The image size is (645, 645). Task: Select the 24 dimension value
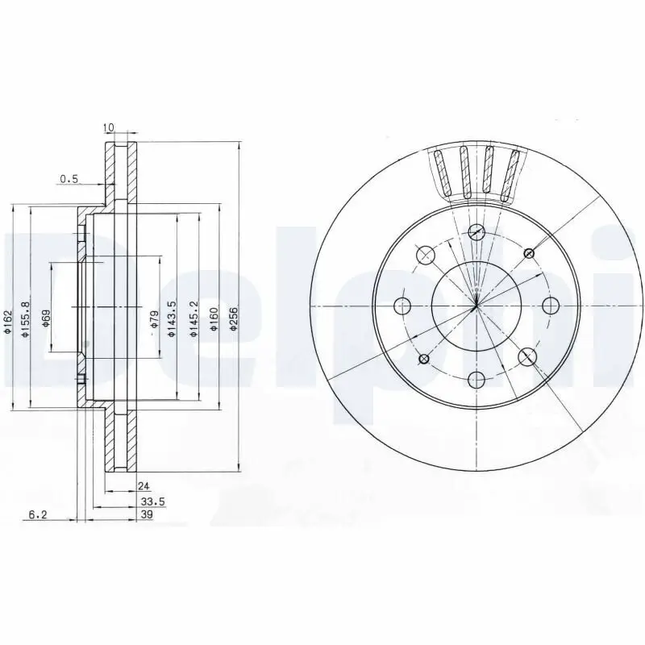tap(144, 486)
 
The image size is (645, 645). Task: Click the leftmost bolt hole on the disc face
tap(402, 306)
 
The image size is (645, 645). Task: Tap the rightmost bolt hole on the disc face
tap(551, 306)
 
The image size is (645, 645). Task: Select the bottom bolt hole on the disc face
tap(476, 379)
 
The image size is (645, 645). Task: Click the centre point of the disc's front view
tap(476, 306)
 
